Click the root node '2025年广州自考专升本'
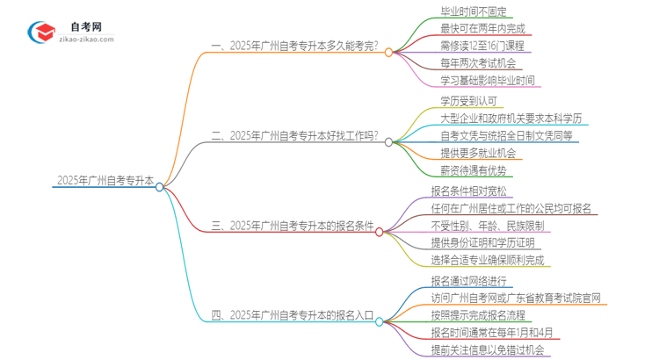click(105, 181)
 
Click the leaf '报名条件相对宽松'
click(468, 191)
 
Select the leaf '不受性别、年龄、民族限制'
click(487, 226)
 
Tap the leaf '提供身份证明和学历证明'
click(482, 243)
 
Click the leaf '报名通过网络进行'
click(469, 282)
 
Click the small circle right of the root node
click(160, 186)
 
